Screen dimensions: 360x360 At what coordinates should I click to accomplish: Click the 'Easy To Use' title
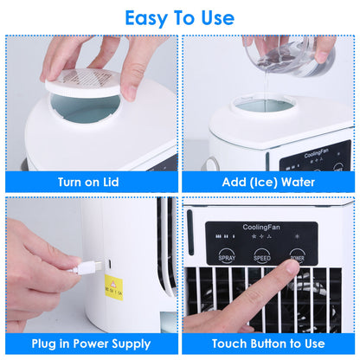coord(179,17)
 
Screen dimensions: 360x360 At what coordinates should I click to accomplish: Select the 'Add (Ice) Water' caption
coord(268,182)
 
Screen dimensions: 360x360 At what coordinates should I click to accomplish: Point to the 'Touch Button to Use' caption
coord(268,344)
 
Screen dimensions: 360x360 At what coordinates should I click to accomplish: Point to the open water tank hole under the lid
coord(85,112)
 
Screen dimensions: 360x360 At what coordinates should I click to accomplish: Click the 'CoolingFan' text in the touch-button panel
coord(261,227)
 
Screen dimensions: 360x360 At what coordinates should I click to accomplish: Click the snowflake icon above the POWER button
coord(299,235)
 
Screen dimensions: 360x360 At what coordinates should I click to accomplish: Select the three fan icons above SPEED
coord(261,235)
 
